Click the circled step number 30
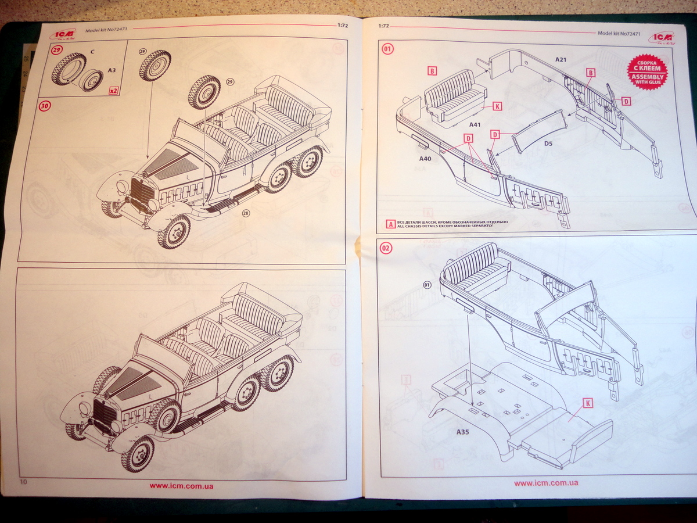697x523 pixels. (44, 106)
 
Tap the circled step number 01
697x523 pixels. (387, 49)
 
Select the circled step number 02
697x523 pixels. (386, 248)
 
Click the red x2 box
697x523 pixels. (114, 91)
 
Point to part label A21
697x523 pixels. (561, 59)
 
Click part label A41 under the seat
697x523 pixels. (458, 124)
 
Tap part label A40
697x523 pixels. (425, 157)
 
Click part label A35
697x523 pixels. (463, 432)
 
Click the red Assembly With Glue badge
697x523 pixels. (646, 71)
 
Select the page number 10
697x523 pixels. (23, 482)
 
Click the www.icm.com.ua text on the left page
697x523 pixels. (181, 486)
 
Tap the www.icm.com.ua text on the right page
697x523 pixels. (545, 482)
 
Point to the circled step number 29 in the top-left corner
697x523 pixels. (56, 51)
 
